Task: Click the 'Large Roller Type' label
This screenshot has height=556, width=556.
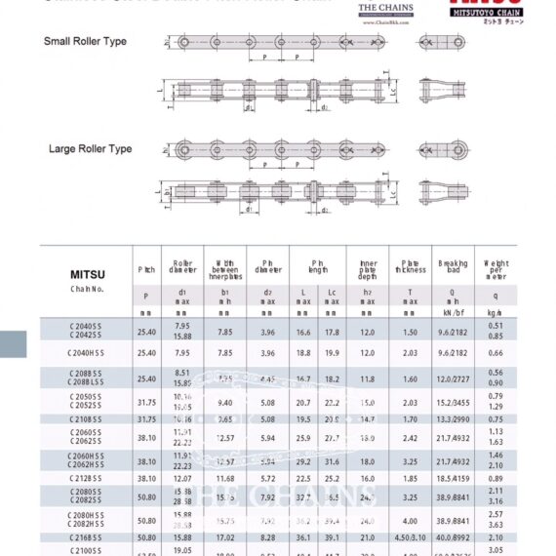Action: click(90, 149)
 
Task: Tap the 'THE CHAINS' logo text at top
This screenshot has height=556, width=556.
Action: click(385, 8)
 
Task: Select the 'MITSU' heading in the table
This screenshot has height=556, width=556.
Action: click(88, 275)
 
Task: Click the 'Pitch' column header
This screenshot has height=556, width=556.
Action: click(146, 268)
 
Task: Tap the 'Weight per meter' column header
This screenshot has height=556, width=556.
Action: click(496, 268)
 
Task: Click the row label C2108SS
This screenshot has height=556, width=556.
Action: click(88, 419)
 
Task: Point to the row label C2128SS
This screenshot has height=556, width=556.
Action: click(88, 479)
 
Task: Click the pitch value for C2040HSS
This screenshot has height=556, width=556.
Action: click(146, 353)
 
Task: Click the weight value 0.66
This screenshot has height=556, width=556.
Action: click(496, 353)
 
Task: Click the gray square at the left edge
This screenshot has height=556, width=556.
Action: click(13, 344)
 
